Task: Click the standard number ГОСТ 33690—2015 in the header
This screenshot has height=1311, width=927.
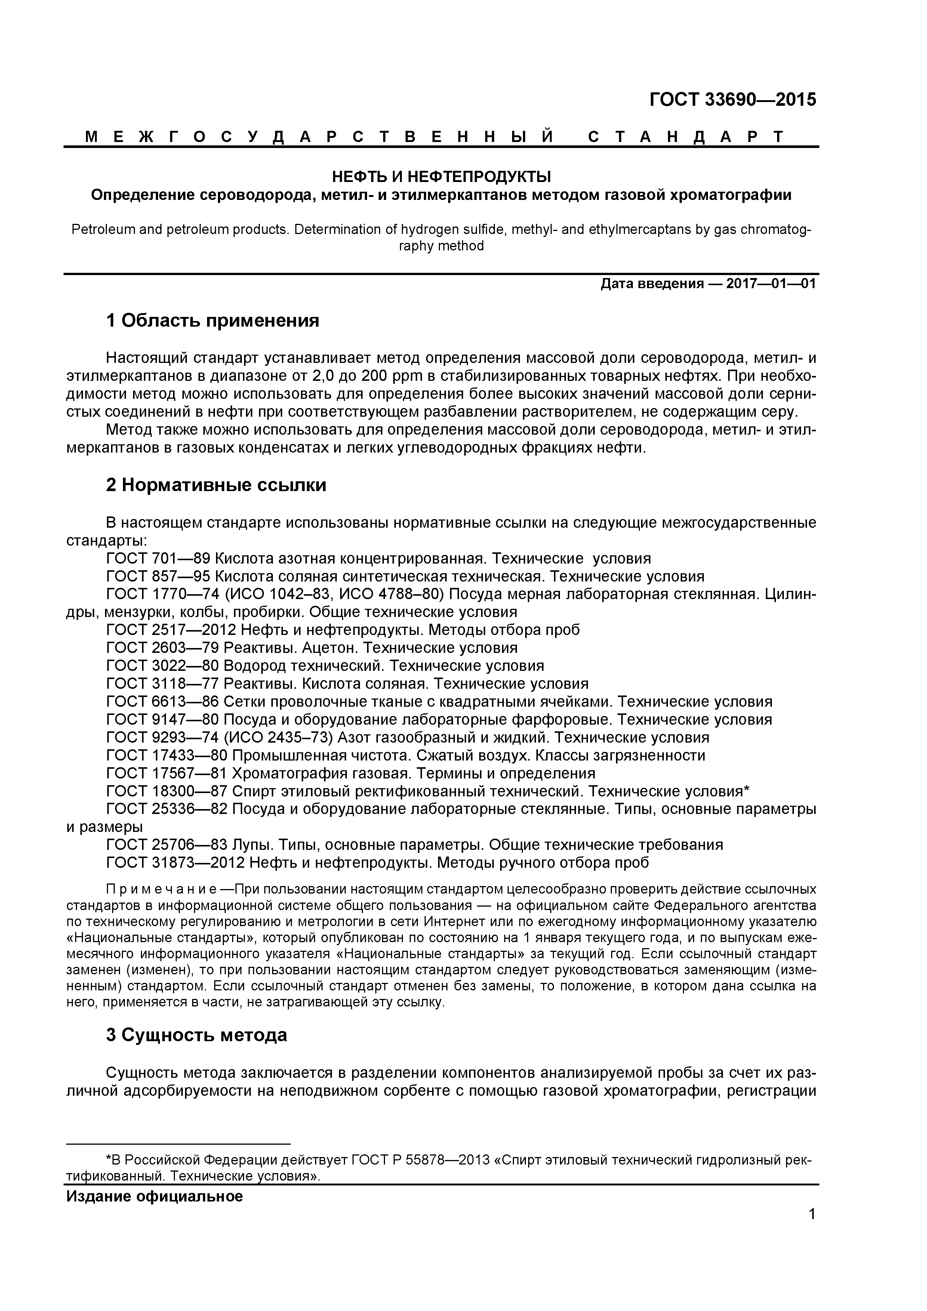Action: [x=733, y=100]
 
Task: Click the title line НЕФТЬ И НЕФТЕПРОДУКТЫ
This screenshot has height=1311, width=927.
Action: [x=441, y=176]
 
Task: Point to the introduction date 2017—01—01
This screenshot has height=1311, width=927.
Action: [x=771, y=284]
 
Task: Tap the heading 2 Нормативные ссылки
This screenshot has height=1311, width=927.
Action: [x=216, y=485]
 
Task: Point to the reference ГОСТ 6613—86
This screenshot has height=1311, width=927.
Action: [x=162, y=702]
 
